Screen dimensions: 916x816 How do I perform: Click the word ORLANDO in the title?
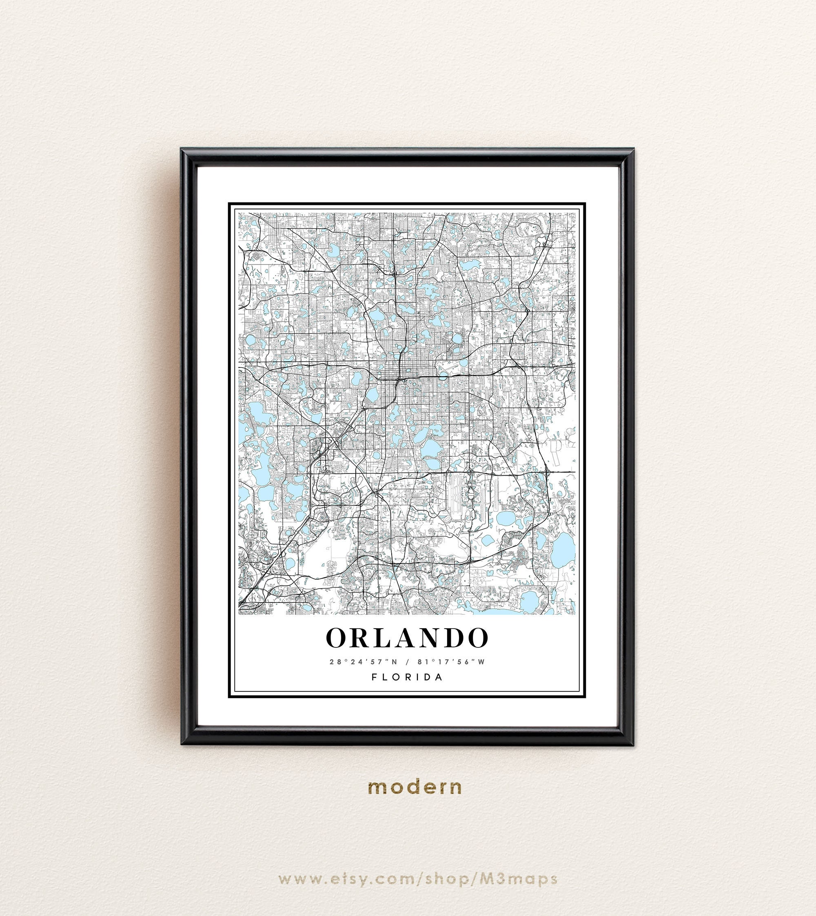point(407,638)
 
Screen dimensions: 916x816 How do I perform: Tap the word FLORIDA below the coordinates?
point(407,677)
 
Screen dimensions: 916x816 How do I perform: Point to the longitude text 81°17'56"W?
point(451,662)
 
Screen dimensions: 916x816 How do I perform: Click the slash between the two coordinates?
point(408,662)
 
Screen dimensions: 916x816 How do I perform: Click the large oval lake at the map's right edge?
point(563,550)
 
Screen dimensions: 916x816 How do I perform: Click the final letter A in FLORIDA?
point(439,677)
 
